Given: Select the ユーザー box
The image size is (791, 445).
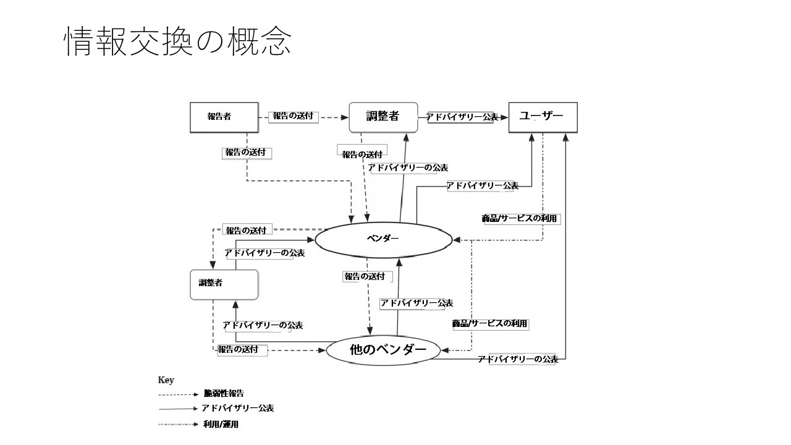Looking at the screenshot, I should (543, 117).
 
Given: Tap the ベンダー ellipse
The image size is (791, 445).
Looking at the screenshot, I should (383, 239).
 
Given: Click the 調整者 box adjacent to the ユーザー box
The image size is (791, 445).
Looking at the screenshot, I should (383, 117).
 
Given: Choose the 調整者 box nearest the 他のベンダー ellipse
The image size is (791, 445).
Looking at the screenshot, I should (223, 284).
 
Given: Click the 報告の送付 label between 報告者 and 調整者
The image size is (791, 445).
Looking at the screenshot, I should (293, 116).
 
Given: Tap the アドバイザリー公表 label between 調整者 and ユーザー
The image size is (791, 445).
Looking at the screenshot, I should (462, 117).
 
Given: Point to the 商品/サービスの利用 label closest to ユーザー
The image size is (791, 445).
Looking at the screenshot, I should (519, 219).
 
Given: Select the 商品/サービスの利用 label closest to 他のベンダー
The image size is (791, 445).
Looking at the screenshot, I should (490, 324).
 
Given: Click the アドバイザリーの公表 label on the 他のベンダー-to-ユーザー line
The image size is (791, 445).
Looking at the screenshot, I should (518, 359).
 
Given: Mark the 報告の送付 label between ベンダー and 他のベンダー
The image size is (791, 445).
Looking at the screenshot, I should (365, 277).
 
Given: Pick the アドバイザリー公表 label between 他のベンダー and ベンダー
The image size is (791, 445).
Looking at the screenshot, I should (416, 303).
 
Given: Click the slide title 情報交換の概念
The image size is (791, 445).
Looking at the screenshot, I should (177, 42).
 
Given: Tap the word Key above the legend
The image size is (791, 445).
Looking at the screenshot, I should (166, 380).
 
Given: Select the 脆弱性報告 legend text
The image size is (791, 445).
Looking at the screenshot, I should (223, 394).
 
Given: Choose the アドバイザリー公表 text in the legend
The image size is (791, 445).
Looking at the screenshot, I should (237, 409).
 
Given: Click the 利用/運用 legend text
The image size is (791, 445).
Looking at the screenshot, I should (221, 424).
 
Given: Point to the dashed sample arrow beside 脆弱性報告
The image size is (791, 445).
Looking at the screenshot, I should (177, 394).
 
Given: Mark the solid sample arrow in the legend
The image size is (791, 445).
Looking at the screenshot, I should (177, 409).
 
